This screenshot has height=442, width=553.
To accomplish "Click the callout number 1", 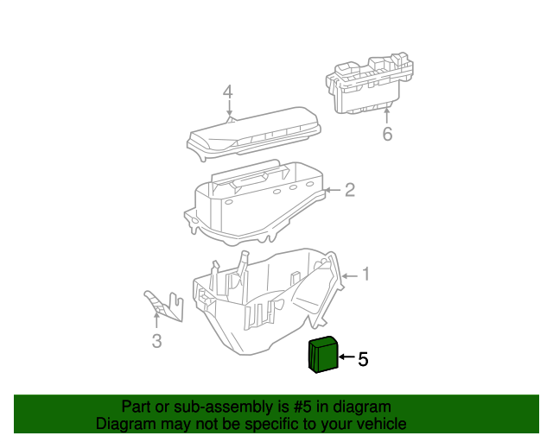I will [365, 275].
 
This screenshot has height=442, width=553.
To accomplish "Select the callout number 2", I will [350, 190].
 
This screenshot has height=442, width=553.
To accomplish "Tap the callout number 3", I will [156, 342].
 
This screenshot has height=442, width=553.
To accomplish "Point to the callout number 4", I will [228, 92].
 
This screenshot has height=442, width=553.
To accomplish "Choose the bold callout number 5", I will [363, 359].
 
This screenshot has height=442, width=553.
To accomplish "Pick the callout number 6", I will [387, 134].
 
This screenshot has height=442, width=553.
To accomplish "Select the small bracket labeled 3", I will [164, 304].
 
